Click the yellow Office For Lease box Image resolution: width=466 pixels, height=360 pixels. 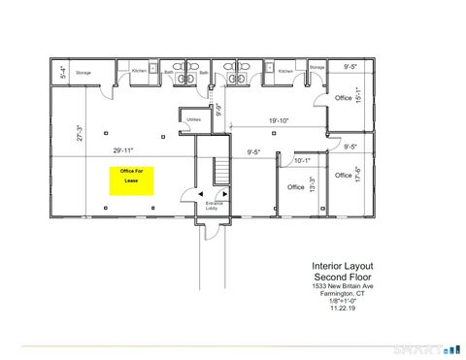pos(128,180)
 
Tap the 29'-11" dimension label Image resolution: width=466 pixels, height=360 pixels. pos(123,149)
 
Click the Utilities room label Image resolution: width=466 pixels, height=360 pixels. pos(194,119)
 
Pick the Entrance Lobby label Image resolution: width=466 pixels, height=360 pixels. pos(214,205)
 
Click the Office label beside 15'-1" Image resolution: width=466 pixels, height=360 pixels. pos(342,99)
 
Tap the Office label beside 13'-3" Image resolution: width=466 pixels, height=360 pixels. pos(296,186)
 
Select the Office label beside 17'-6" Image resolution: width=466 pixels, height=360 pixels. pos(343,176)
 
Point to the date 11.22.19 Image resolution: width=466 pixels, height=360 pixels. pos(342,309)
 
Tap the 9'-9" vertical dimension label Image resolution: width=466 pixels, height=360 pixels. pos(219,110)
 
